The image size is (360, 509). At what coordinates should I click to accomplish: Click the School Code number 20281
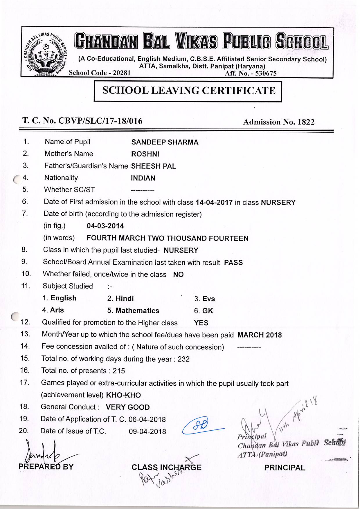point(122,73)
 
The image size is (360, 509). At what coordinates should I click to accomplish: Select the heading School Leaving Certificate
point(189,91)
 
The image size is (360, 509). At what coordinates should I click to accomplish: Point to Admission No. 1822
point(279,122)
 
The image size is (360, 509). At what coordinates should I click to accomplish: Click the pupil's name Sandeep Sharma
point(165,142)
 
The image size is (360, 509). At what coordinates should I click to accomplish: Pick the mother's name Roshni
point(145,154)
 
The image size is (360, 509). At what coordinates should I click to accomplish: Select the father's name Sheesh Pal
point(154,166)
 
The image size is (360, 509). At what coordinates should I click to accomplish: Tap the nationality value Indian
point(143,178)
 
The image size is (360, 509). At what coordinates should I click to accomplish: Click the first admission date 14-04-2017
point(214,203)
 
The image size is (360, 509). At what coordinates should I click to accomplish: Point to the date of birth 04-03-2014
point(105,226)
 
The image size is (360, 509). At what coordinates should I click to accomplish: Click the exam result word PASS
point(233,263)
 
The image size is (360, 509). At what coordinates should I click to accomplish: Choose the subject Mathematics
point(137,311)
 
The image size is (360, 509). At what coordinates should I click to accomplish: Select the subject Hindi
point(125,299)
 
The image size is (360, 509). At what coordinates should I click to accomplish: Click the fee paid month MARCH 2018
point(260,335)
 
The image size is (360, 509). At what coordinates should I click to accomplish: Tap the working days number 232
point(183,359)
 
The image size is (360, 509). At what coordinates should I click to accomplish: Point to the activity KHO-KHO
point(123,395)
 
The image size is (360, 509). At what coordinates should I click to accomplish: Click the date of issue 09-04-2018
point(147,432)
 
